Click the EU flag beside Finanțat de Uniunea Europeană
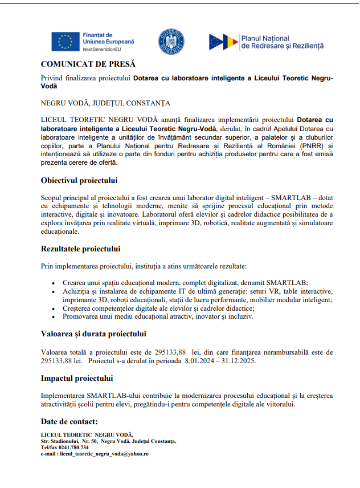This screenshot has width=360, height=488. [65, 42]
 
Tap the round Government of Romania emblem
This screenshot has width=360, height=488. [171, 42]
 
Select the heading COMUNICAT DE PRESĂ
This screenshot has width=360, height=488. [88, 64]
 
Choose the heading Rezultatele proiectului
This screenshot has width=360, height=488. [80, 249]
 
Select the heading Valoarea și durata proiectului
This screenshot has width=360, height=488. [93, 334]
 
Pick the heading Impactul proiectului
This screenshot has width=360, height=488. [76, 378]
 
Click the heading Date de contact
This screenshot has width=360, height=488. [69, 422]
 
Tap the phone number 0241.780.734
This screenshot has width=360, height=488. [72, 448]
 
